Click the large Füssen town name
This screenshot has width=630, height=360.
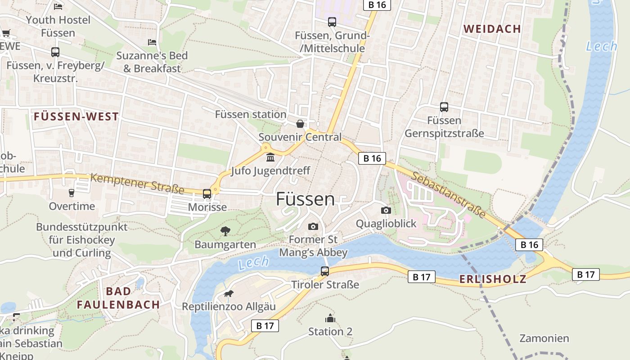[305, 199]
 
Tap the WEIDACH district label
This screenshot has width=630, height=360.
[492, 29]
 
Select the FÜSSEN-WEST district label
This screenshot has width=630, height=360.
[76, 117]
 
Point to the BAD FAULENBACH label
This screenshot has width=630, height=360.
[118, 298]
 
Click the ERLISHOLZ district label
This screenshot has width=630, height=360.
[492, 279]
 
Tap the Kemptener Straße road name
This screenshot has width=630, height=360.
[137, 184]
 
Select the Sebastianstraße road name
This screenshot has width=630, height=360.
[448, 194]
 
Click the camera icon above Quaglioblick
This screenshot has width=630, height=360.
[386, 210]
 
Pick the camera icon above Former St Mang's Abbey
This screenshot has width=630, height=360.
[313, 226]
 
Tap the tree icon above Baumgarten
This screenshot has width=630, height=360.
[225, 231]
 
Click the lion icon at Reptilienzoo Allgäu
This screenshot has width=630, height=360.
[229, 294]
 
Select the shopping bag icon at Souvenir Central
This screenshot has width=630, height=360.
[300, 124]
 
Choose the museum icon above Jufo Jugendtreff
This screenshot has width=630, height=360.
[270, 157]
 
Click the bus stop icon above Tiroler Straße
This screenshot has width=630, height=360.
[325, 271]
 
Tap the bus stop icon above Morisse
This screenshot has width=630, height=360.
[207, 194]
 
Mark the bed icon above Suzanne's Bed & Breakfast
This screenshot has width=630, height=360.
[152, 42]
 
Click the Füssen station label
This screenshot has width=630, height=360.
[250, 114]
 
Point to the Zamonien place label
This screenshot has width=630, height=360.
[544, 338]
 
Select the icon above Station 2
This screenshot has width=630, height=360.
[330, 318]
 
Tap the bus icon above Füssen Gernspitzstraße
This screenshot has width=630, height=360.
[444, 107]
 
